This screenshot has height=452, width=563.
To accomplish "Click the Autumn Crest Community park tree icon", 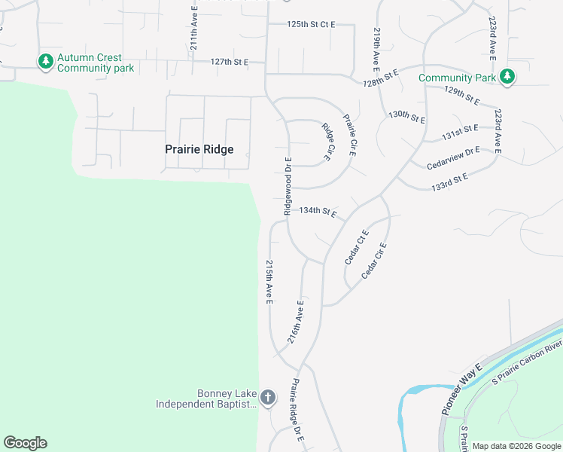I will pos(45,60).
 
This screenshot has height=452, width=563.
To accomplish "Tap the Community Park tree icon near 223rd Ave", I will pos(508,77).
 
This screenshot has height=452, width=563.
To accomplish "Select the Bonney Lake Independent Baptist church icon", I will pos(269,396).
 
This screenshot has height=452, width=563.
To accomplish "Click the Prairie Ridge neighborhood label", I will pos(199,149).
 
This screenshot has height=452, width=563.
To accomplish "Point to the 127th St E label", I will pos(230,62).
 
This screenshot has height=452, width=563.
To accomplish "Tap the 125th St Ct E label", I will pos(310,25).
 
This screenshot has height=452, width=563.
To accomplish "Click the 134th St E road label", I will pos(318,212).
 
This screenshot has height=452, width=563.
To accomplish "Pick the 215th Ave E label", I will pos(269,282).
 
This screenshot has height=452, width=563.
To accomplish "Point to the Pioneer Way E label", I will pos(456,396).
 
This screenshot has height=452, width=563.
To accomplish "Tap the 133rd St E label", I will pos(451,182).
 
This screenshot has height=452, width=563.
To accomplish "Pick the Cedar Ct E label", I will pos(355,247).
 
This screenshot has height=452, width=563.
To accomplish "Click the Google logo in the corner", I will pos(26,443).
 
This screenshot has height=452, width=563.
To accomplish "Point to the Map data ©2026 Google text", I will pos(516,446).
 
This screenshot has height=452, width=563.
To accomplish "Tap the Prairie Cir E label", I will pos(349,135).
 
